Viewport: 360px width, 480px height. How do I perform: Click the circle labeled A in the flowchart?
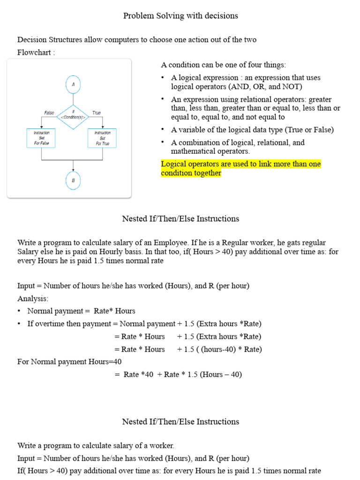coord(73,85)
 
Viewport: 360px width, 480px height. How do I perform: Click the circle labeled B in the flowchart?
coord(73,180)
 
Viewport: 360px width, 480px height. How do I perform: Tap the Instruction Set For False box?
coord(41,138)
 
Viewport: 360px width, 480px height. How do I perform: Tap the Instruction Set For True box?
coord(102,138)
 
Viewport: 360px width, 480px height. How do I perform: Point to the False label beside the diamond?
coord(49,113)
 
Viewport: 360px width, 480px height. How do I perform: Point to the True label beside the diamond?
coord(97,113)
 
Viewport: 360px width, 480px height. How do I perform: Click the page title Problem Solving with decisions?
coord(180,16)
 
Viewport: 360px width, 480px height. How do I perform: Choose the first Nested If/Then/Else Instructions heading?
coord(180,219)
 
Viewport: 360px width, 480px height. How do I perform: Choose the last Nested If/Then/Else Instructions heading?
coord(180,422)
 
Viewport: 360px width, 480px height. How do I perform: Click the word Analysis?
coord(32,298)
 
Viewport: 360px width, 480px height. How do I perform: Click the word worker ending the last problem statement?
coord(162,445)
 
